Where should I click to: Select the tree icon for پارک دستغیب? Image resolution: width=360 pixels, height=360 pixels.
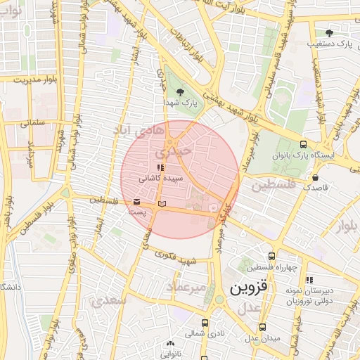[x=329, y=32]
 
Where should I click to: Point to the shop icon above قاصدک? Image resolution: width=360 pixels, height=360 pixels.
[x=314, y=177]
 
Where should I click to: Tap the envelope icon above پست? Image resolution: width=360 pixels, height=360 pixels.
[x=136, y=202]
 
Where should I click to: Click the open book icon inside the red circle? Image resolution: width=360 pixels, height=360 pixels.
[x=162, y=203]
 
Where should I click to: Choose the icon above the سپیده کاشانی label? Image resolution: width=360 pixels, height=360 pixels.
[x=161, y=168]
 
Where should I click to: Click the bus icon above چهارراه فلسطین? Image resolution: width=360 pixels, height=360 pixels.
[x=272, y=255]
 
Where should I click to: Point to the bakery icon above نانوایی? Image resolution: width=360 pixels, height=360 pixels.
[x=168, y=345]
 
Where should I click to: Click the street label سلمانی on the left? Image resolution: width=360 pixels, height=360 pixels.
[x=32, y=122]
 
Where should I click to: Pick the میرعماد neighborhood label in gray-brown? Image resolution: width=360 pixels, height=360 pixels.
[x=186, y=288]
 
